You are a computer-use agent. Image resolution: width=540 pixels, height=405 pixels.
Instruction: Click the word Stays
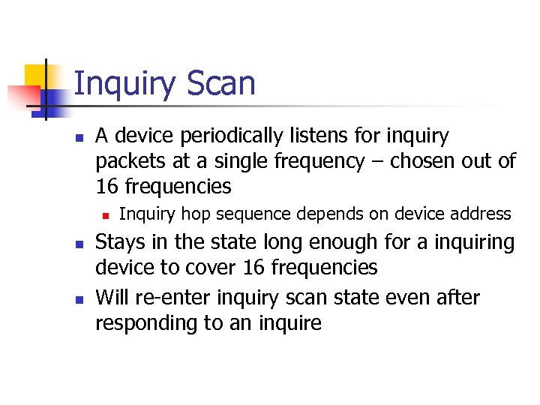point(118,242)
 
